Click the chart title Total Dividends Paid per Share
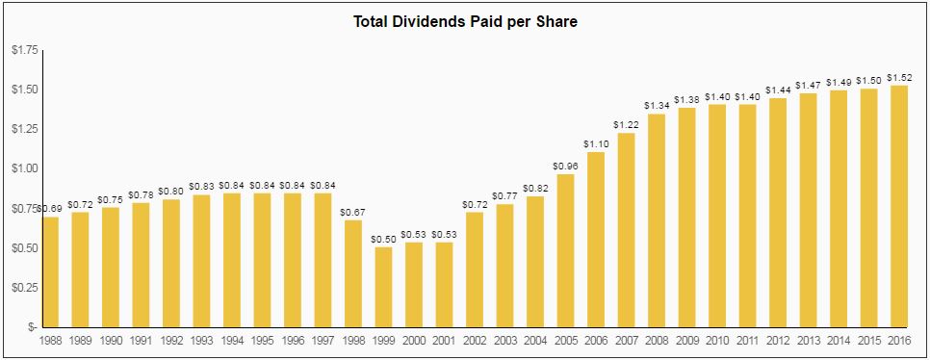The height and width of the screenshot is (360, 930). pos(465,21)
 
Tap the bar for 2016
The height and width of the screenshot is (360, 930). pos(899,206)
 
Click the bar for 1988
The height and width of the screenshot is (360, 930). pos(50,271)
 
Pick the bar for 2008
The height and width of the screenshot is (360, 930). pos(657,220)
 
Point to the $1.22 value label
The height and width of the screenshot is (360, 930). pos(626,124)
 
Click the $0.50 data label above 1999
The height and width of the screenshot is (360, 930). pos(383,238)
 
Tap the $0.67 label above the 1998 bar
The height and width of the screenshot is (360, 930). pos(353,211)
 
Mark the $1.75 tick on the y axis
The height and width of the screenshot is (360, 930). pos(24,50)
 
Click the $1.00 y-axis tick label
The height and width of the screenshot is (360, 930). pos(24,168)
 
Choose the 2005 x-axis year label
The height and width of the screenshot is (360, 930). pos(565,340)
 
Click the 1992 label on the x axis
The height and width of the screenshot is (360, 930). pos(171,340)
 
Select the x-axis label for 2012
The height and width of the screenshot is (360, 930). pos(778,340)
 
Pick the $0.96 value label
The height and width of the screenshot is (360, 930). pos(565,165)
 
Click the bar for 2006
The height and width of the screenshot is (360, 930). pos(596,240)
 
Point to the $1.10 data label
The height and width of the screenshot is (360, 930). pos(596,142)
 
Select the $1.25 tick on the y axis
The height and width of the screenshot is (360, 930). pos(24,129)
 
